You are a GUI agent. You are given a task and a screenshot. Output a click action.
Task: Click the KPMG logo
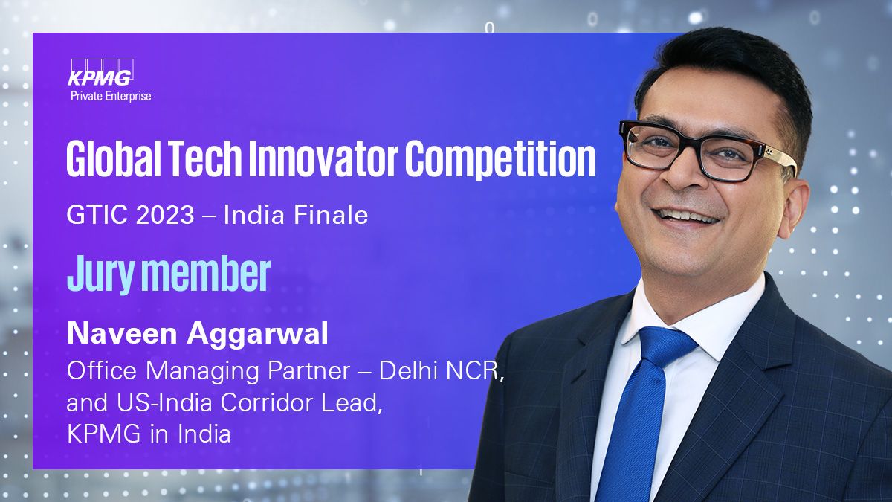(x=100, y=73)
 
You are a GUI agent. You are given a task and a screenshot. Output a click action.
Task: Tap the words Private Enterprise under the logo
(x=111, y=97)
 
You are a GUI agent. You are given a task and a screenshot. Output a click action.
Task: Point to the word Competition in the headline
(x=500, y=160)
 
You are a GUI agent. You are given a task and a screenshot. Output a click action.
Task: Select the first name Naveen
(x=121, y=334)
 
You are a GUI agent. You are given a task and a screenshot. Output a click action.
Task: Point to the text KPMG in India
(x=149, y=434)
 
